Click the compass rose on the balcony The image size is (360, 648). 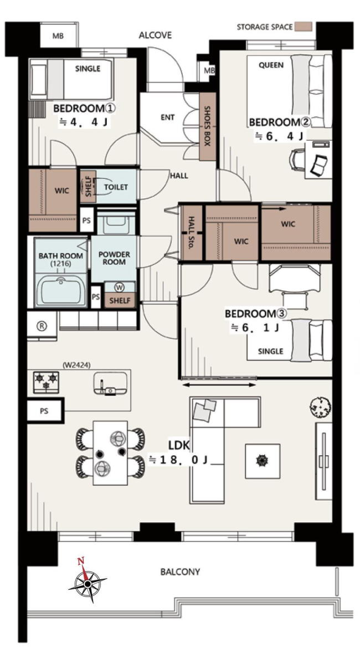(88, 583)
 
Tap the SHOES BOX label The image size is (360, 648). (208, 126)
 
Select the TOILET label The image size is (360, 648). (116, 187)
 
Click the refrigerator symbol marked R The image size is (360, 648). (42, 326)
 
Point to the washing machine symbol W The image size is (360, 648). (120, 287)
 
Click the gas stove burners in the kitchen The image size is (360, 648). (46, 382)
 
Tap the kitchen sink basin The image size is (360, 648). (110, 383)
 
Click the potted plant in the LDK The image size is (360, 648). (320, 407)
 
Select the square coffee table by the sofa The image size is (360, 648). (263, 461)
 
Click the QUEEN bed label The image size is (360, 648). (271, 65)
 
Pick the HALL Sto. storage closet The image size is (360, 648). (192, 233)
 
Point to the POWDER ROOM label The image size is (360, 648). (114, 258)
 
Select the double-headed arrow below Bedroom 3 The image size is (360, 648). (219, 385)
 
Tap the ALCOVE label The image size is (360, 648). (155, 35)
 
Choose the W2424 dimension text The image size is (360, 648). (76, 365)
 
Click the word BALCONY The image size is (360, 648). (180, 572)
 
